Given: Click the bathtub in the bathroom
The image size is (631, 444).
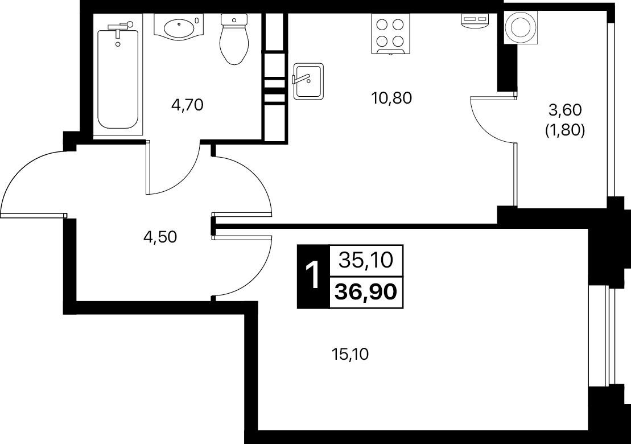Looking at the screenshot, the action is pyautogui.click(x=118, y=79).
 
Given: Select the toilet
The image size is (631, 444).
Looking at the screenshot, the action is pyautogui.click(x=233, y=39).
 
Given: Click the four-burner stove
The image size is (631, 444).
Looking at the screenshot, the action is pyautogui.click(x=390, y=34).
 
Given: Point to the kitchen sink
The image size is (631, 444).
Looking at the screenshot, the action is pyautogui.click(x=308, y=81).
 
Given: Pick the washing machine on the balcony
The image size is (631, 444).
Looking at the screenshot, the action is pyautogui.click(x=521, y=27).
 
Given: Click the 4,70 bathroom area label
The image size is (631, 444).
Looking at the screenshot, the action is pyautogui.click(x=187, y=105).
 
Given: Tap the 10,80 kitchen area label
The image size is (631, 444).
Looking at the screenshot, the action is pyautogui.click(x=391, y=98).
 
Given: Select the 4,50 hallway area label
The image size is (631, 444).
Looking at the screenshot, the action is pyautogui.click(x=160, y=237).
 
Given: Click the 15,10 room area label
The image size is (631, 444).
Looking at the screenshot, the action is pyautogui.click(x=350, y=355).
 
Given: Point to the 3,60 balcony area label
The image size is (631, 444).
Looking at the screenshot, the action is pyautogui.click(x=565, y=109).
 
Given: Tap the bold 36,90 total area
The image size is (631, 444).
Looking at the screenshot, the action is pyautogui.click(x=366, y=292).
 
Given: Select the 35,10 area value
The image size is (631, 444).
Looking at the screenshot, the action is pyautogui.click(x=366, y=260).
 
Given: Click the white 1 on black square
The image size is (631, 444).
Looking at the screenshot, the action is pyautogui.click(x=313, y=276).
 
